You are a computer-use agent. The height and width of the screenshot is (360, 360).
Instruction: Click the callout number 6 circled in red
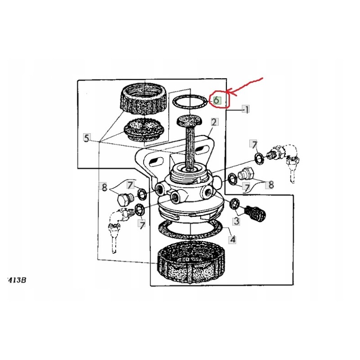pyautogui.click(x=216, y=100)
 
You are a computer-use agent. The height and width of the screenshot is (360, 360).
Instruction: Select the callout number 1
pyautogui.click(x=246, y=109)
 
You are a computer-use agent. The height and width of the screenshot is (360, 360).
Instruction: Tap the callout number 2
pyautogui.click(x=214, y=122)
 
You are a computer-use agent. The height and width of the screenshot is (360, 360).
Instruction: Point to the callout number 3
pyautogui.click(x=236, y=220)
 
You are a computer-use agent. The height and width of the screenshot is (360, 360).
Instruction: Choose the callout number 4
pyautogui.click(x=232, y=239)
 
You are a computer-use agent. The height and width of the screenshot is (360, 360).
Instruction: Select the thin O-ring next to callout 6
pyautogui.click(x=190, y=102)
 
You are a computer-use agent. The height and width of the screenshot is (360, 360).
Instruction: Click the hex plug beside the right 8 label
pyautogui.click(x=247, y=174)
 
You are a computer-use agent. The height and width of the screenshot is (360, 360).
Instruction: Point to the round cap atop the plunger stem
pyautogui.click(x=189, y=120)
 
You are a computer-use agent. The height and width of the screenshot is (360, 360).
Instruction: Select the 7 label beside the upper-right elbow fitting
pyautogui.click(x=254, y=144)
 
